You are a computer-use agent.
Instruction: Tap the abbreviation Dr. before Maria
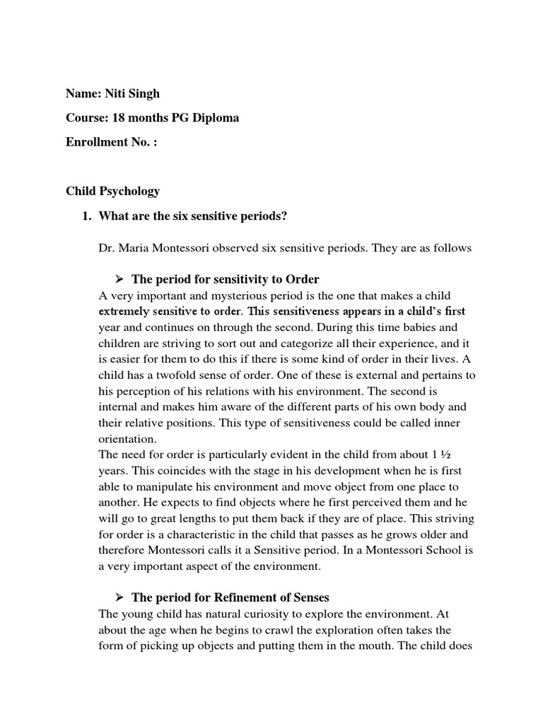[107, 247]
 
